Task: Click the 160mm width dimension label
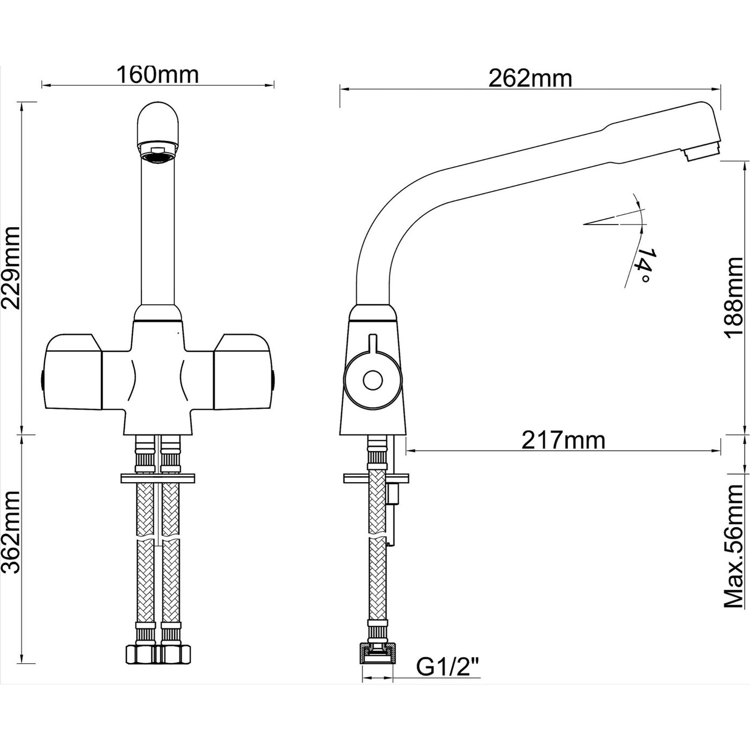157,74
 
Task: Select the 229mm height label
11,267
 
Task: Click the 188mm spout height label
735,297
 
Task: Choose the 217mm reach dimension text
563,440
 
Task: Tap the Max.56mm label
735,546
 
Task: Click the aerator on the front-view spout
157,151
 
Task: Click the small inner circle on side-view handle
373,381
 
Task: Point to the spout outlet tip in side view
703,149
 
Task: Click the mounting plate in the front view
157,478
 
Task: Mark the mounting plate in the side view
376,478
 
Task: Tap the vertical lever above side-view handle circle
372,345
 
